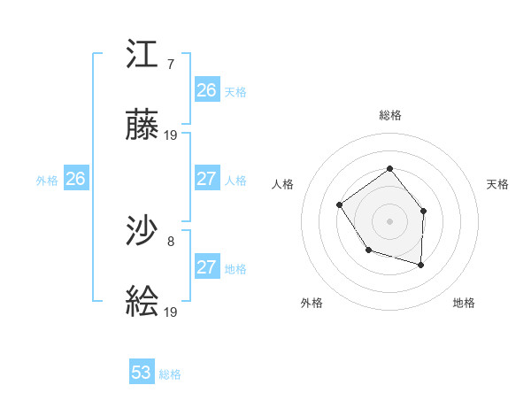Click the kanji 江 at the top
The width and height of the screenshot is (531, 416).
[x=142, y=56]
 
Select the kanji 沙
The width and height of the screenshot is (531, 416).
[x=142, y=232]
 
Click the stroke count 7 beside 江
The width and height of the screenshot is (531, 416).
[x=170, y=64]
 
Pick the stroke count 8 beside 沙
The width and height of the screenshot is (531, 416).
[x=170, y=240]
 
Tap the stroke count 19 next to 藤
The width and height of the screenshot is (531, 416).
[x=171, y=135]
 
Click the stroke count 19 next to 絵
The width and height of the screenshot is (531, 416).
[x=171, y=312]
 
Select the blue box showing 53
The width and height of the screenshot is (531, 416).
[x=142, y=373]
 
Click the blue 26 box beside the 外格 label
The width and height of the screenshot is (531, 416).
[x=75, y=179]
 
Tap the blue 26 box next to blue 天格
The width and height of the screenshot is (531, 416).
[x=207, y=90]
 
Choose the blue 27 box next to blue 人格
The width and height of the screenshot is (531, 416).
[x=207, y=179]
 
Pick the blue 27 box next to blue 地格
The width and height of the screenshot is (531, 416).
[x=207, y=267]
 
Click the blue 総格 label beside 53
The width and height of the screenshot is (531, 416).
[x=170, y=374]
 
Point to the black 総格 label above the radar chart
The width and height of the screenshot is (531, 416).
[x=389, y=115]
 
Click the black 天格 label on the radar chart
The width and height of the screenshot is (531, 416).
[x=497, y=184]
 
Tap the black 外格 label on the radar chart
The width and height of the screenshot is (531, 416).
[x=312, y=303]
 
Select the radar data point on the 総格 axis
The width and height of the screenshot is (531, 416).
[x=389, y=168]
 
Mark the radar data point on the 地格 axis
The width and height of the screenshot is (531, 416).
[x=420, y=265]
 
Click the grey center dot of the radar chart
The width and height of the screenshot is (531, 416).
[x=389, y=220]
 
